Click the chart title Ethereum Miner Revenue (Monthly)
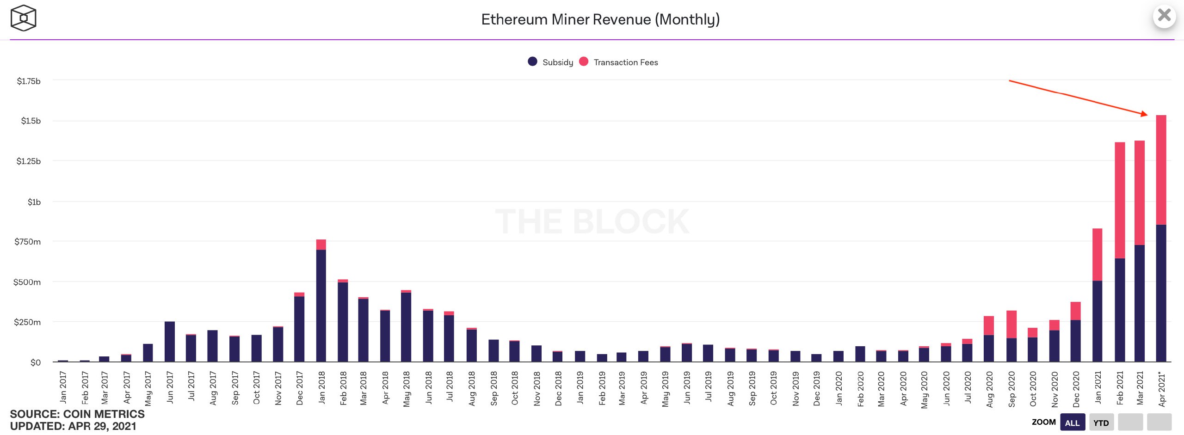(x=600, y=19)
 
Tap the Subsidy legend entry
(x=550, y=62)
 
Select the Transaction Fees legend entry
(x=618, y=62)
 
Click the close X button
(x=1164, y=16)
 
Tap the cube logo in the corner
(x=23, y=18)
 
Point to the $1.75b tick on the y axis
(x=29, y=81)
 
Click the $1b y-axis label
(x=34, y=202)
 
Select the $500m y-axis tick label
(x=27, y=282)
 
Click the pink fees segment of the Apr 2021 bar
(x=1161, y=170)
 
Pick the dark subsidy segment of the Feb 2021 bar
(x=1120, y=310)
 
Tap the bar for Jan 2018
(x=321, y=300)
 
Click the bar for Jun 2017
(x=170, y=342)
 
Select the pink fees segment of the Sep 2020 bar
(x=1011, y=325)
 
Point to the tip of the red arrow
(x=1148, y=115)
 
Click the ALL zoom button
(x=1073, y=423)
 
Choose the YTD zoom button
(x=1101, y=423)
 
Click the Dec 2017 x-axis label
(x=300, y=388)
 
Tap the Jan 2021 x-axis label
(x=1098, y=387)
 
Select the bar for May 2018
(x=406, y=326)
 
